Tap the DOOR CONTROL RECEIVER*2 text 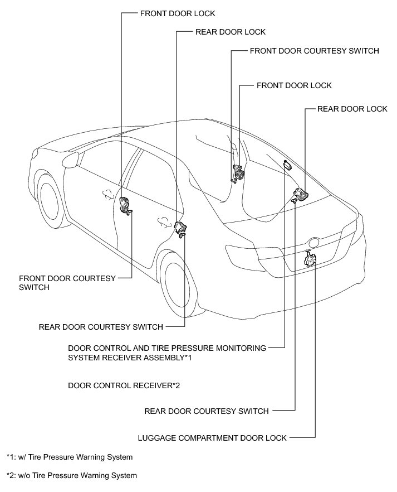tap(124, 385)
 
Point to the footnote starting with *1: tap(70, 457)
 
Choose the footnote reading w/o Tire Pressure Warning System tap(71, 476)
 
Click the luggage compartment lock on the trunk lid tap(310, 259)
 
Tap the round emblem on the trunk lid tap(315, 243)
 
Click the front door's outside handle tap(105, 193)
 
